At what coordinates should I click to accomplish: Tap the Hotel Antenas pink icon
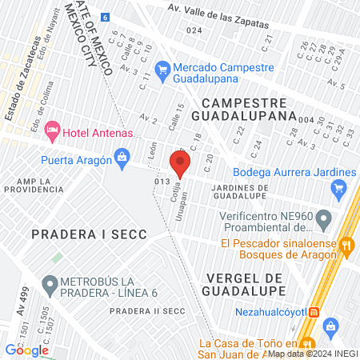coord(53,128)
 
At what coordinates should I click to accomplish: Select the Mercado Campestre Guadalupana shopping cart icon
coord(163,69)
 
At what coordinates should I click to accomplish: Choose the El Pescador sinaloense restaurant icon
coord(346,245)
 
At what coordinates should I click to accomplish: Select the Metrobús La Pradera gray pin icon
coord(50,283)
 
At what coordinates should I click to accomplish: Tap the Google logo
coord(26,350)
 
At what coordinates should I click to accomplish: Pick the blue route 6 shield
coord(104,17)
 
